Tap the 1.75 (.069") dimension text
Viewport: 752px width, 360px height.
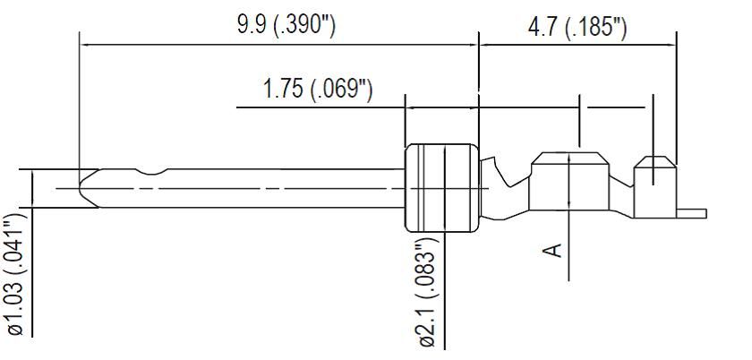click(318, 90)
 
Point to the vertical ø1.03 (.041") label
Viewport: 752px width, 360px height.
click(15, 273)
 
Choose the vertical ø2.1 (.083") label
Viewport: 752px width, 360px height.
click(427, 291)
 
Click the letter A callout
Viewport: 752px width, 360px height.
click(555, 247)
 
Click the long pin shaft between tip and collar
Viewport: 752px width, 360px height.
click(269, 188)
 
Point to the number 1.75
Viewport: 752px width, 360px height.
click(284, 90)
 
